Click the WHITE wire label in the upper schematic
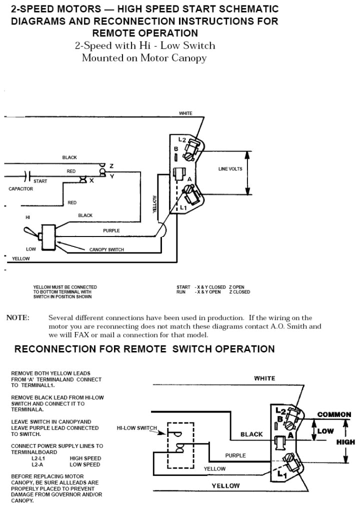(x=185, y=113)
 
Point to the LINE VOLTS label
(x=229, y=169)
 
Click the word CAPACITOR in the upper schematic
(x=20, y=189)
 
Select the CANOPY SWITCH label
(x=106, y=249)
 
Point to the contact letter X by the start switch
(x=91, y=180)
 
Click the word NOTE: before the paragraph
(x=17, y=317)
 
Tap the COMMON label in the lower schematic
(x=335, y=414)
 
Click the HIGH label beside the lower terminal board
(x=345, y=442)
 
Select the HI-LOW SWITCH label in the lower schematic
(x=136, y=428)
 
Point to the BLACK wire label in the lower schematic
(x=251, y=434)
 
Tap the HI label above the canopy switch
(x=27, y=217)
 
